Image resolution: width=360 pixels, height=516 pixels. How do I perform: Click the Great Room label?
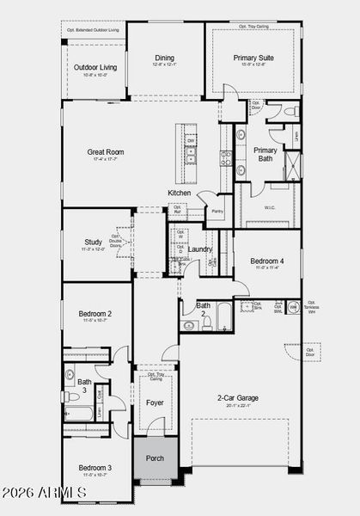tap(107, 152)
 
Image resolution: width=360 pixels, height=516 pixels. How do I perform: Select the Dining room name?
tap(163, 58)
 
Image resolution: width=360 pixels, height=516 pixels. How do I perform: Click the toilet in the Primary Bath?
tap(289, 112)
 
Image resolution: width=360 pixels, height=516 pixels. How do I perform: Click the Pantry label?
tap(217, 210)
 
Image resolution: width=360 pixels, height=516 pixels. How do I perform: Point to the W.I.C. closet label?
tap(269, 206)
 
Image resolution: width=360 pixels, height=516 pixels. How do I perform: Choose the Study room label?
tap(94, 242)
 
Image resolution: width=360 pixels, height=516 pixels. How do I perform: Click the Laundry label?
tap(200, 249)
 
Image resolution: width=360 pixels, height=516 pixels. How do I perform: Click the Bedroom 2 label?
tap(95, 314)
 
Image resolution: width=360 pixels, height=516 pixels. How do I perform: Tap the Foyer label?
tap(155, 402)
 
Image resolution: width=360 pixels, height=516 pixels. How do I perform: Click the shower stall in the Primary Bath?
tap(292, 164)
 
